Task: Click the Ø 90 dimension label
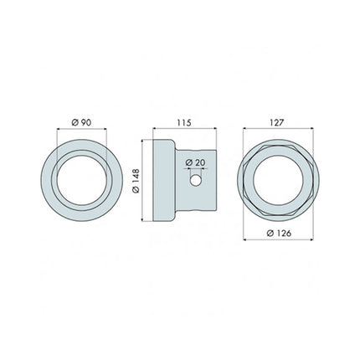pyautogui.click(x=81, y=122)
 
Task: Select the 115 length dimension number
pyautogui.click(x=185, y=122)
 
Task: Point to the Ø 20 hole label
pyautogui.click(x=194, y=162)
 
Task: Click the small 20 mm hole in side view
pyautogui.click(x=195, y=179)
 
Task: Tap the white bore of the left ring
pyautogui.click(x=82, y=179)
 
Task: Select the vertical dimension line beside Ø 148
pyautogui.click(x=143, y=179)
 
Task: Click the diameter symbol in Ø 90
pyautogui.click(x=75, y=122)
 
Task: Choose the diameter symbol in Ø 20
pyautogui.click(x=188, y=162)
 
